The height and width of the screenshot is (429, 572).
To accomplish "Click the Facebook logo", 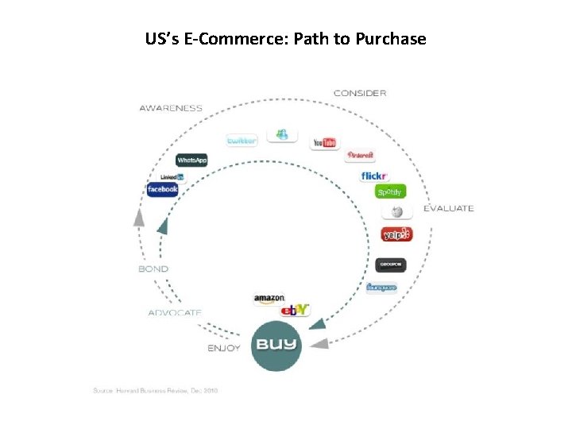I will point(163,190).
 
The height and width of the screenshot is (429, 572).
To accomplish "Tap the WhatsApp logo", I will point(191,160).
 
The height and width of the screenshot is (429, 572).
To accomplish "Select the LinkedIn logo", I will point(172,176).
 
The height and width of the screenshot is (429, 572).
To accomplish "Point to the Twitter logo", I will point(242,141).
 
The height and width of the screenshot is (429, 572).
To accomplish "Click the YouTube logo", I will point(324,143).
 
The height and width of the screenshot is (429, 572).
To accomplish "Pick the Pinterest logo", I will point(360,156).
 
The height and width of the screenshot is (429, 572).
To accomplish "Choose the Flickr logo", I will point(373,176).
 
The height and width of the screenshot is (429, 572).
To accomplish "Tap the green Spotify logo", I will point(390,192).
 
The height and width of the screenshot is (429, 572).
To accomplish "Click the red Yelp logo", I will point(396,234).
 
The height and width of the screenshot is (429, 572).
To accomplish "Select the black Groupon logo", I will point(391,265).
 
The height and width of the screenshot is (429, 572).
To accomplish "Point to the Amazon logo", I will point(269,299).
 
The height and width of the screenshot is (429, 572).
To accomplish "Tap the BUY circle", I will point(276,345).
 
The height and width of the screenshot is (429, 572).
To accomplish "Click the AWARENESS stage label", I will point(171,108).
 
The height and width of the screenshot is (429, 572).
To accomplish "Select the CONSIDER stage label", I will point(360,93).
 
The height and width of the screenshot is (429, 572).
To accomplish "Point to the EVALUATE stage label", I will point(448,208).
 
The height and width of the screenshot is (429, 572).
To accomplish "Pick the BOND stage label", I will point(153,269).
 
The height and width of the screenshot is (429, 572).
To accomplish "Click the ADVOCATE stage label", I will point(175,312).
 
